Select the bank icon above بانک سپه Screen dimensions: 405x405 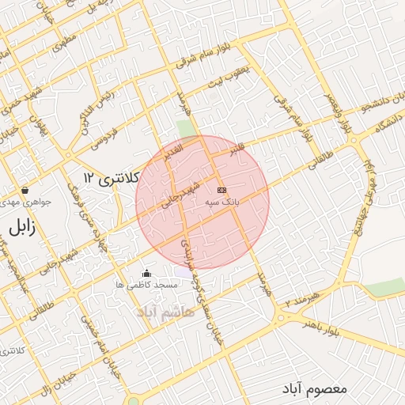click(x=221, y=190)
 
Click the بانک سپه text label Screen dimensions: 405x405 click(x=222, y=202)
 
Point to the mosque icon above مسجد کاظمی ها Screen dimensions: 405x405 click(x=146, y=274)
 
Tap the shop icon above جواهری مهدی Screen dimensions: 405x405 click(x=26, y=191)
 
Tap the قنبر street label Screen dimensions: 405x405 click(x=236, y=147)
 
